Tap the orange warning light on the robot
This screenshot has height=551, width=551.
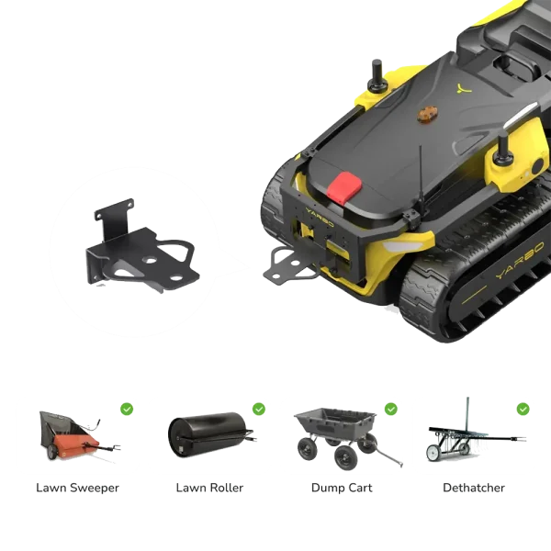(x=427, y=114)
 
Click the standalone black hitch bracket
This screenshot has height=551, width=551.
(x=142, y=245)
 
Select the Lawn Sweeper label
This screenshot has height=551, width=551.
(x=78, y=488)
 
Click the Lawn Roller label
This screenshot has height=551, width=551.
(x=209, y=488)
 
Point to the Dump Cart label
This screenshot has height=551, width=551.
(x=342, y=488)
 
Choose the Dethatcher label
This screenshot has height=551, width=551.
(x=474, y=488)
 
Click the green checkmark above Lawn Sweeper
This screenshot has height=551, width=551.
(x=127, y=409)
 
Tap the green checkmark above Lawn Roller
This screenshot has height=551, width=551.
(x=259, y=409)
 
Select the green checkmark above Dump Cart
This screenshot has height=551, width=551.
(x=391, y=409)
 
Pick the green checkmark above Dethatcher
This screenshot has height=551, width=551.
(x=523, y=409)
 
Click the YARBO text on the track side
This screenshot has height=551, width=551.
(x=520, y=260)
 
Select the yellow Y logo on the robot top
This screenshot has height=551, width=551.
(x=464, y=88)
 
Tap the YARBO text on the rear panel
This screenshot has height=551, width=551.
(x=320, y=218)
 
